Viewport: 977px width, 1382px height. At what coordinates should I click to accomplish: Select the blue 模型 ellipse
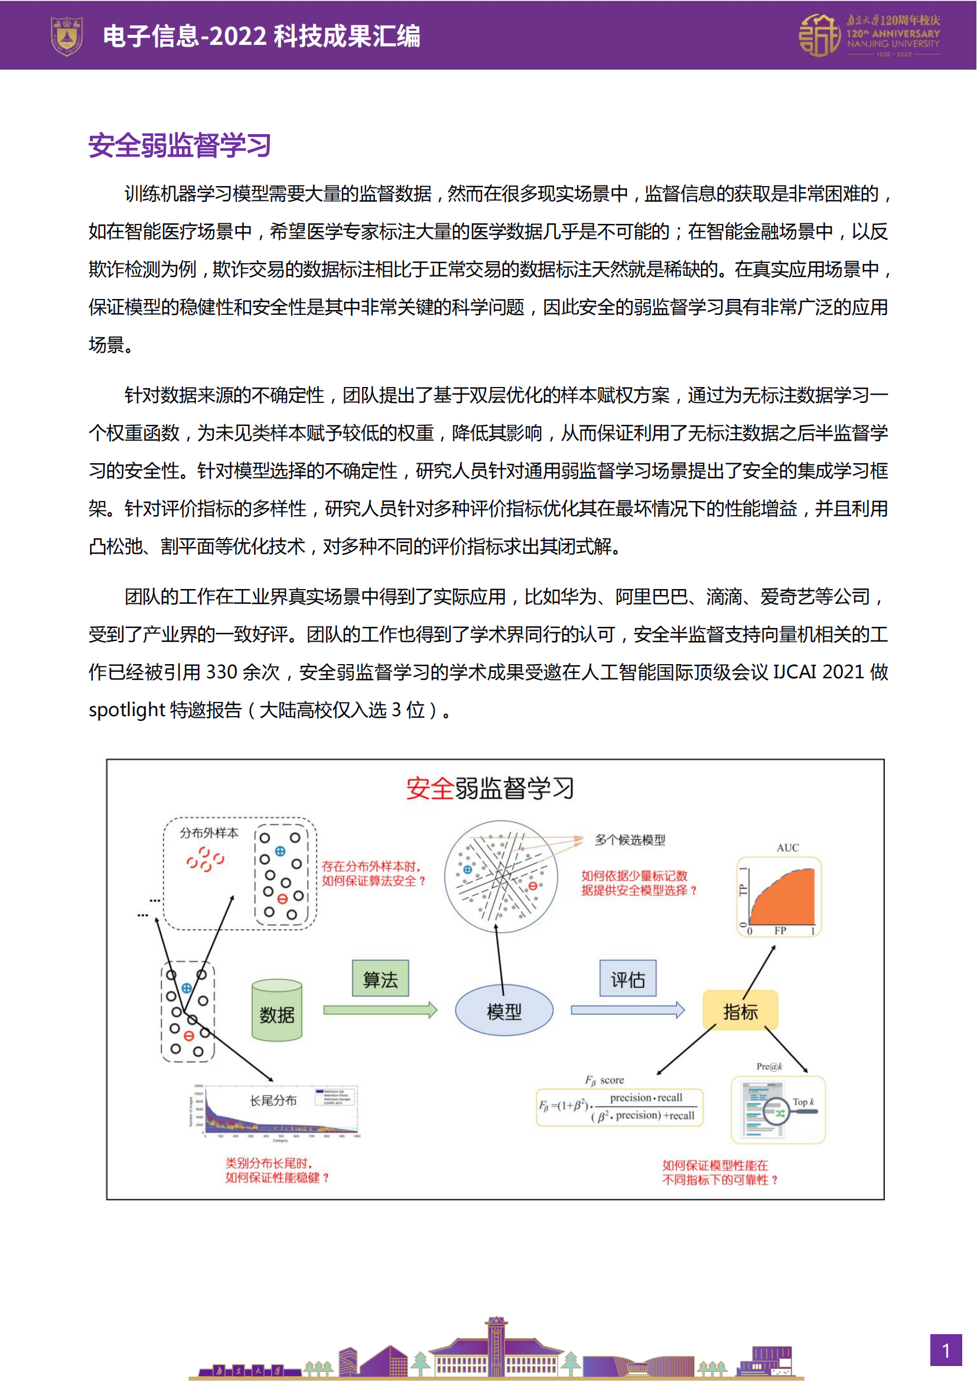[503, 1010]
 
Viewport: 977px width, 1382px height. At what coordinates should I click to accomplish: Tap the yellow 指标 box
[740, 1010]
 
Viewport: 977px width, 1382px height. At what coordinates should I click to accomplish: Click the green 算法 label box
[380, 978]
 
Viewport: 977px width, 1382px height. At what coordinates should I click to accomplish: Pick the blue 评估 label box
[627, 978]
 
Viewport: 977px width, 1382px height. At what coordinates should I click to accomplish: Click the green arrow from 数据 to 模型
[380, 1010]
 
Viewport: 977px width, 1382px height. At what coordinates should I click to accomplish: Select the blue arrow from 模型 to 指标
[627, 1010]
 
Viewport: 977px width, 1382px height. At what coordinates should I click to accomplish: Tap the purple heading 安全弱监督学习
[180, 146]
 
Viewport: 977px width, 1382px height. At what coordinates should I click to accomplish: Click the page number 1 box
[946, 1350]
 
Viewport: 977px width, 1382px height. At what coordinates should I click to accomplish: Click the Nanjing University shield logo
[66, 35]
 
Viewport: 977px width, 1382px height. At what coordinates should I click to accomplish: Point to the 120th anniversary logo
[869, 35]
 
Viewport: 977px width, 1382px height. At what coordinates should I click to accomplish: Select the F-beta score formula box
[620, 1106]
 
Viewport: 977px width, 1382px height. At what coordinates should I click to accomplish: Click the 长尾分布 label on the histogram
[273, 1100]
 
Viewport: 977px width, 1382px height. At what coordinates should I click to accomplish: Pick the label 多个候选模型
[630, 840]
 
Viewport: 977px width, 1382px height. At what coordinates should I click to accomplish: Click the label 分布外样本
[209, 833]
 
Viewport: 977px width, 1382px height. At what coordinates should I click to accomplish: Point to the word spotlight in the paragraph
[126, 710]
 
